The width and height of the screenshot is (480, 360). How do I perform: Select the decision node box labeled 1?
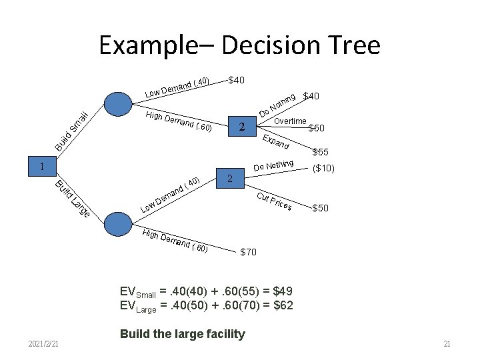click(41, 166)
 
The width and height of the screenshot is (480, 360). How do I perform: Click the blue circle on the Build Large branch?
click(119, 224)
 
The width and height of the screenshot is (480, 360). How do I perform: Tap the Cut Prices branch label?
click(274, 200)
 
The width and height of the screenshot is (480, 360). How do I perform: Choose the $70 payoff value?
click(247, 252)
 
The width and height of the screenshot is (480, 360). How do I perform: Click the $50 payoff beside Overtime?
click(317, 128)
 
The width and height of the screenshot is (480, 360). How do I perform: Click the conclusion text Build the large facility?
click(182, 334)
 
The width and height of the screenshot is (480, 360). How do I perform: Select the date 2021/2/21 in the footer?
click(44, 343)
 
